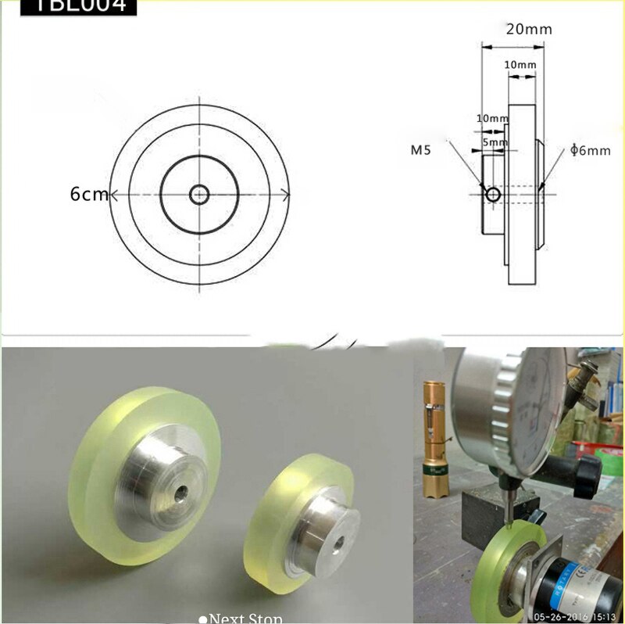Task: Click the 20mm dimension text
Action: [529, 30]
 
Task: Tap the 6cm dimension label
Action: [88, 194]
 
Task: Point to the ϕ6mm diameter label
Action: [591, 150]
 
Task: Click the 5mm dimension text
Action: [494, 143]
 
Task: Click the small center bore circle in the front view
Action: [199, 192]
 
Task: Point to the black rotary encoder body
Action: [578, 583]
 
